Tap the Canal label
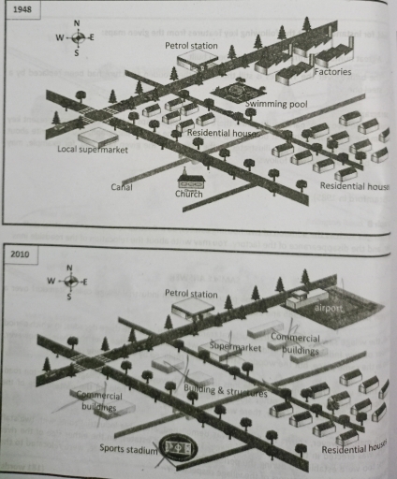click(x=122, y=186)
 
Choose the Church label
click(x=188, y=195)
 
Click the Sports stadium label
click(x=126, y=449)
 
